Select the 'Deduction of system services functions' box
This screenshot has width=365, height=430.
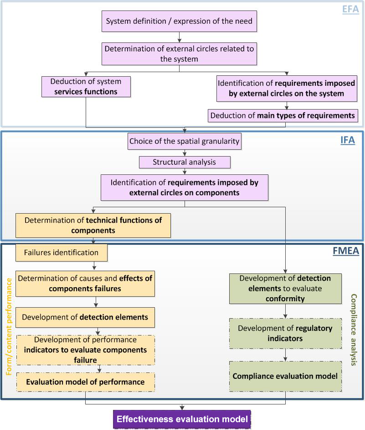click(86, 86)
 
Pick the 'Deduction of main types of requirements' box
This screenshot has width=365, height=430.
click(283, 115)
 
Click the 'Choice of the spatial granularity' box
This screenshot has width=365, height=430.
click(184, 141)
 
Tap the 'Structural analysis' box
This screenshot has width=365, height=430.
click(185, 162)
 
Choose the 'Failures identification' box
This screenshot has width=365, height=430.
click(61, 252)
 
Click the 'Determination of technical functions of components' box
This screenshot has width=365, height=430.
click(93, 225)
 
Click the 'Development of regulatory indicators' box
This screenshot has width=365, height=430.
click(285, 333)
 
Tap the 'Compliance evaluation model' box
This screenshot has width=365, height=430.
click(285, 376)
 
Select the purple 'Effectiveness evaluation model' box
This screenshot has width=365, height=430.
click(182, 419)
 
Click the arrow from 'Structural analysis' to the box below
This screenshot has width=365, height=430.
click(184, 171)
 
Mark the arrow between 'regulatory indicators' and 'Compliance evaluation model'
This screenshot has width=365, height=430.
click(285, 355)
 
